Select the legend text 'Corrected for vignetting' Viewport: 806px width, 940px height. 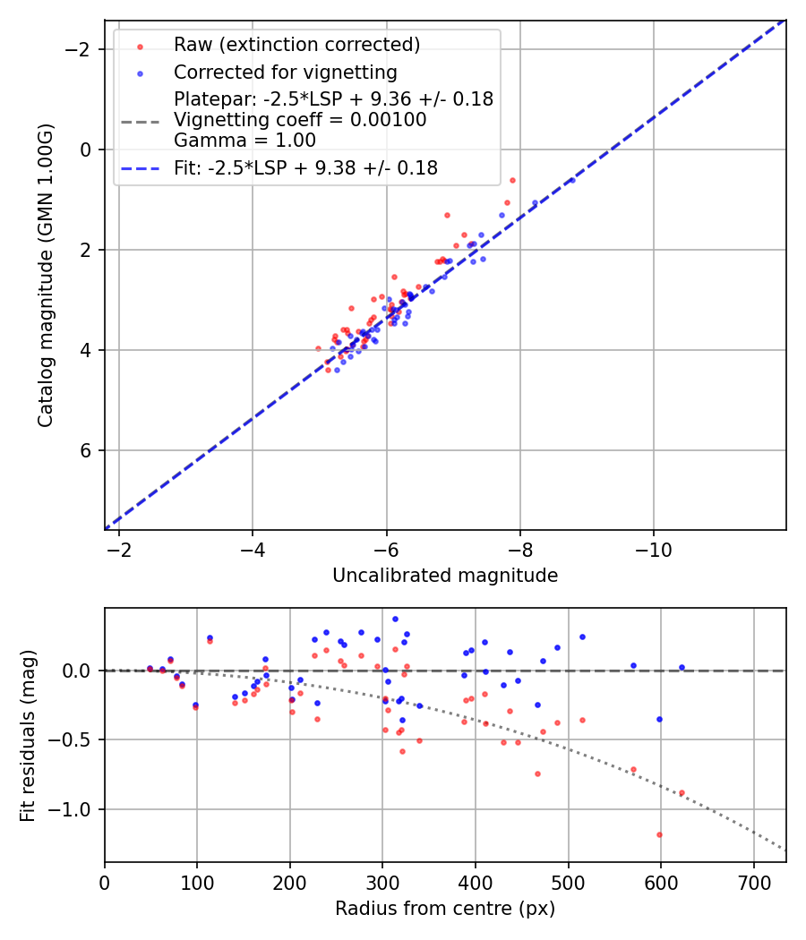pyautogui.click(x=285, y=72)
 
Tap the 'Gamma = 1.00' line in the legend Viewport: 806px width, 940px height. pyautogui.click(x=244, y=140)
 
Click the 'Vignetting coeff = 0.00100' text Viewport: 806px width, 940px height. pyautogui.click(x=300, y=120)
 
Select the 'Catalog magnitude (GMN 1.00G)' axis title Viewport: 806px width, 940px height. pyautogui.click(x=46, y=275)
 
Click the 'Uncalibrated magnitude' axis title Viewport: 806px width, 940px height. pyautogui.click(x=445, y=576)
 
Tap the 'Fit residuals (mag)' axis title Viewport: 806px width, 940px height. pyautogui.click(x=28, y=735)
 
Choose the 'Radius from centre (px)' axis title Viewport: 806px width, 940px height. pyautogui.click(x=445, y=909)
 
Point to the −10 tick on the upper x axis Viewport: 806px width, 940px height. pyautogui.click(x=653, y=549)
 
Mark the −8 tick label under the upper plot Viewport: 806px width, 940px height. pyautogui.click(x=519, y=549)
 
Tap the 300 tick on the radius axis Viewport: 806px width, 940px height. pyautogui.click(x=382, y=881)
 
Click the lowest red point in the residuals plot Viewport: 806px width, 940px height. pyautogui.click(x=659, y=834)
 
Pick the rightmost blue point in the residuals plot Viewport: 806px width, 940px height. pyautogui.click(x=682, y=667)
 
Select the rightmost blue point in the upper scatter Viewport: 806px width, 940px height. pyautogui.click(x=572, y=180)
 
